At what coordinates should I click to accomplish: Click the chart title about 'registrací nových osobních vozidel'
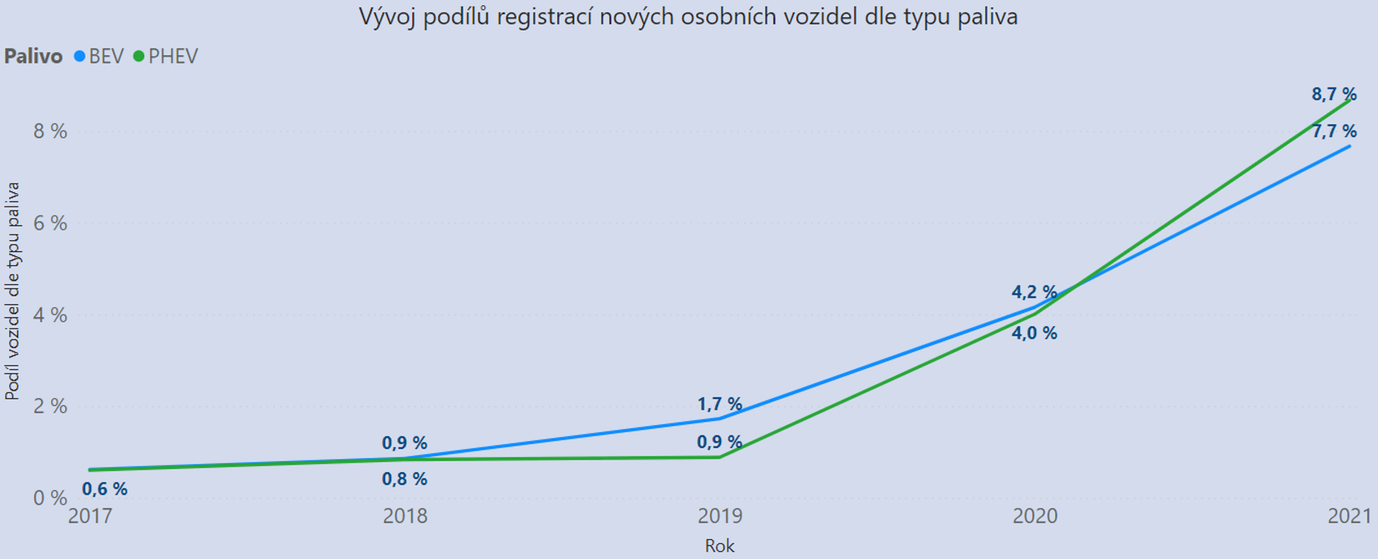(x=688, y=17)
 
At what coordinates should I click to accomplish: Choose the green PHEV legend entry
(x=166, y=56)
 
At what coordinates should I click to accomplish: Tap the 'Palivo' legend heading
(x=33, y=56)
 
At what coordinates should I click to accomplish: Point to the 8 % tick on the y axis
(x=50, y=131)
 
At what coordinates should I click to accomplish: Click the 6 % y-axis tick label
(x=50, y=223)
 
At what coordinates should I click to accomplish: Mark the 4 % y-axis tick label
(x=50, y=315)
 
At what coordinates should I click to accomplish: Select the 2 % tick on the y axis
(x=50, y=406)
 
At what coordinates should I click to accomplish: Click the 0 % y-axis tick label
(x=50, y=498)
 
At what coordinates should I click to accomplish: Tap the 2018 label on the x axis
(x=405, y=516)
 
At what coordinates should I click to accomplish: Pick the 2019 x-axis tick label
(x=719, y=516)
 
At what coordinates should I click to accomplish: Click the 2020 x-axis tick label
(x=1035, y=516)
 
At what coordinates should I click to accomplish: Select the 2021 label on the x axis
(x=1349, y=516)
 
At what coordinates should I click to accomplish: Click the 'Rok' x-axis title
(x=719, y=546)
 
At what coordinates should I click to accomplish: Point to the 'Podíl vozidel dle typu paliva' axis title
(x=12, y=291)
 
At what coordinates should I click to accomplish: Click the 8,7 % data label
(x=1334, y=94)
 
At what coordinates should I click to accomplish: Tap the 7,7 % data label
(x=1334, y=131)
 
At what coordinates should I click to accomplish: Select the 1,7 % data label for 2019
(x=719, y=404)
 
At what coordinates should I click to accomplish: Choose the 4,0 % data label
(x=1034, y=333)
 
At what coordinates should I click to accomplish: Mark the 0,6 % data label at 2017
(x=104, y=489)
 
